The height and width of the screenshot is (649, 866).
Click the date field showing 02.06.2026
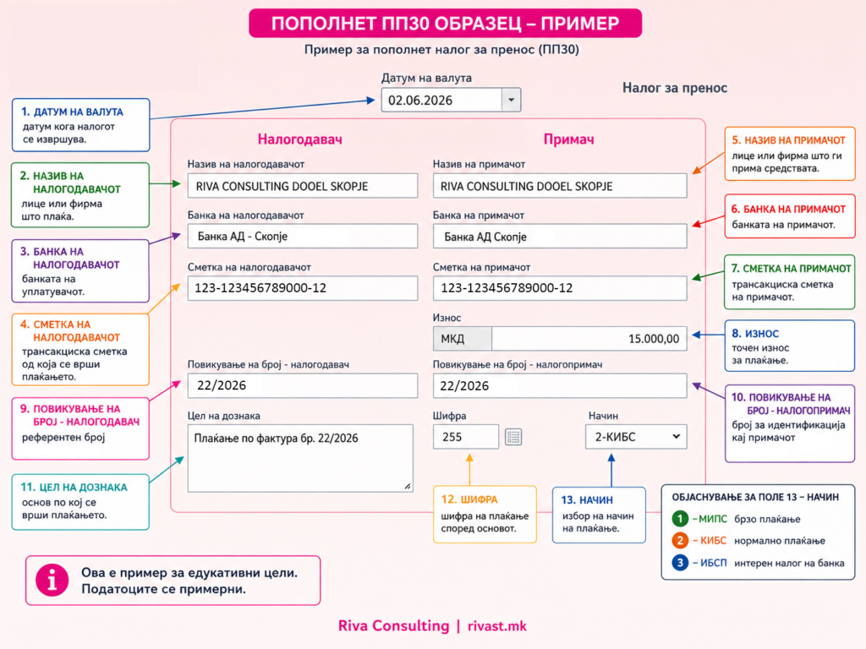(441, 100)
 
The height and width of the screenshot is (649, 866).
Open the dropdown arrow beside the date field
(511, 100)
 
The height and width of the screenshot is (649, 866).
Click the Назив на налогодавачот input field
(303, 186)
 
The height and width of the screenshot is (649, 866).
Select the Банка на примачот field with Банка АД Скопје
(560, 237)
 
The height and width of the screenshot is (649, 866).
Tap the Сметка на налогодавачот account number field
(303, 288)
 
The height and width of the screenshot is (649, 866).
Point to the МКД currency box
(463, 339)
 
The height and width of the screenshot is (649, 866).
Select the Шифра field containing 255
(466, 437)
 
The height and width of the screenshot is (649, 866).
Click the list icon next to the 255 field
(513, 437)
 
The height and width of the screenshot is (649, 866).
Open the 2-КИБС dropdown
(636, 437)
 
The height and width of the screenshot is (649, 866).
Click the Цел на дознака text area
(300, 458)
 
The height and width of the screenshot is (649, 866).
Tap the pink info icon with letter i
(52, 580)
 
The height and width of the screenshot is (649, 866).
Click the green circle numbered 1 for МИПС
(680, 519)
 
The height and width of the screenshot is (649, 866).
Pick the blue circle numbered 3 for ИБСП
(680, 563)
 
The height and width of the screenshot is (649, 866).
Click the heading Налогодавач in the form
(300, 139)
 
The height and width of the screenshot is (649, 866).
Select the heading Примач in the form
(569, 139)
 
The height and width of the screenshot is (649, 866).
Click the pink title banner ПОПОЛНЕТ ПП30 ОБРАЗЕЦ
(445, 23)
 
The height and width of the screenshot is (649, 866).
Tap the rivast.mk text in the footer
(497, 626)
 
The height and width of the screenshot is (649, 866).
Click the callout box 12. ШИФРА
(485, 515)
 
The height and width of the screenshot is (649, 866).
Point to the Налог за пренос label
(675, 88)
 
